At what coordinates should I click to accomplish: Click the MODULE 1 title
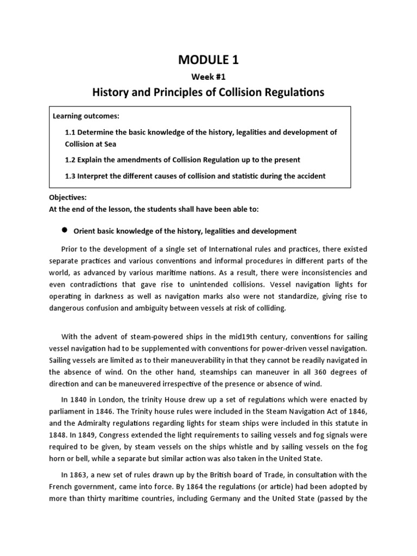click(208, 60)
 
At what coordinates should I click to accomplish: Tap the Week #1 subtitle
click(208, 77)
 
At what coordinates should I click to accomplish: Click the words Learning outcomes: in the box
click(86, 117)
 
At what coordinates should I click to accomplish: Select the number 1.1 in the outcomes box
click(71, 132)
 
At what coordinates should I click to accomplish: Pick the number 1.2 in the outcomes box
click(71, 160)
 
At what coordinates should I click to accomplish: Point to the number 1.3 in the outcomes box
click(71, 175)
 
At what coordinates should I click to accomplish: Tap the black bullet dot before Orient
click(64, 230)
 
